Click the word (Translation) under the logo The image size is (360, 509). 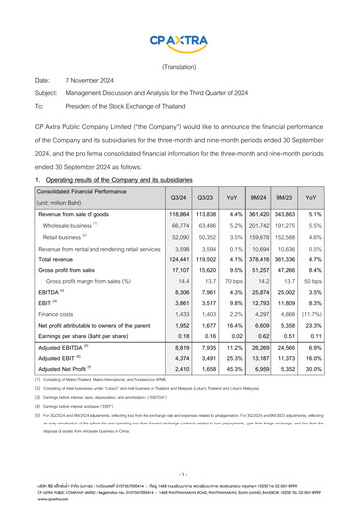pyautogui.click(x=179, y=66)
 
